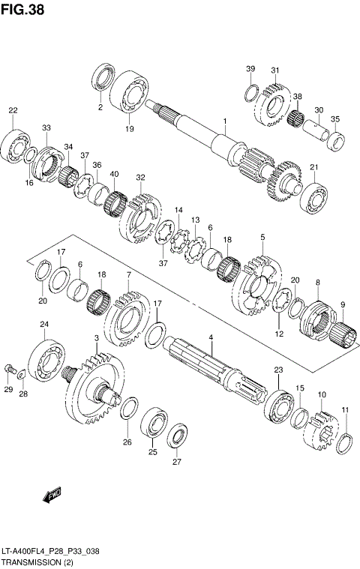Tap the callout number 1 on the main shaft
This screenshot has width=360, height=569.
coord(223,121)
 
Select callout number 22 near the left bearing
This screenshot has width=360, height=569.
coord(13,111)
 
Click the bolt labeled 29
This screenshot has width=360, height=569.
coord(9,370)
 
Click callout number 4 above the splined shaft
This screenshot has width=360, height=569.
coord(211,338)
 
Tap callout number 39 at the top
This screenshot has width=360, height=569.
coord(250,70)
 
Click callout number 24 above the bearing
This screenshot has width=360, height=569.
coord(44,325)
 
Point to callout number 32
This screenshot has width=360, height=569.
coord(139,177)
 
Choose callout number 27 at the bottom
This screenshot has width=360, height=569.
coord(177,462)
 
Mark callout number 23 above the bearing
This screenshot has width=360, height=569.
coord(278,370)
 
